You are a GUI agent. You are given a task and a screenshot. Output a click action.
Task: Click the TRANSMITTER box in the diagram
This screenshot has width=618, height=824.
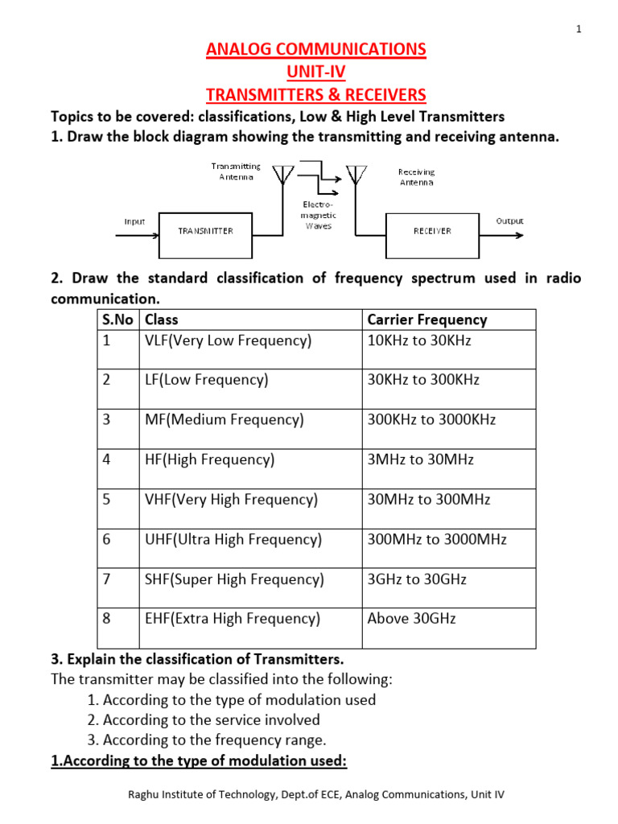click(205, 231)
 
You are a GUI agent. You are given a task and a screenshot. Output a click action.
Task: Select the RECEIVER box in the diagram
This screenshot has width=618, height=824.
click(432, 231)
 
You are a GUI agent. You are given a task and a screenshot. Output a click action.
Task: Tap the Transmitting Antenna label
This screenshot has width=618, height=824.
click(236, 171)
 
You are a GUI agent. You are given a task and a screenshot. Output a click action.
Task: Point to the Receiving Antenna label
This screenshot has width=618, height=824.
click(416, 177)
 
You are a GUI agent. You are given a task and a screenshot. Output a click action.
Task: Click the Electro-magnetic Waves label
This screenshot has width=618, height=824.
click(318, 216)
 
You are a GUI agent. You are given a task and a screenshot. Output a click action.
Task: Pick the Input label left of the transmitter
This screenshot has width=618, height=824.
click(134, 220)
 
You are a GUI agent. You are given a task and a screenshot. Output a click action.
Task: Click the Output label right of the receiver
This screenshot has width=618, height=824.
click(509, 220)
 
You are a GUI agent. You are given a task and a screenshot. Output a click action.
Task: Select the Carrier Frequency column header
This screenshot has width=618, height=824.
click(427, 319)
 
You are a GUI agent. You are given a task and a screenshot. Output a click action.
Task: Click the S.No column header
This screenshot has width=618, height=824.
click(117, 319)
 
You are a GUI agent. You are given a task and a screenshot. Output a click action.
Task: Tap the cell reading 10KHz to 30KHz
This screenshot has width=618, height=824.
click(419, 340)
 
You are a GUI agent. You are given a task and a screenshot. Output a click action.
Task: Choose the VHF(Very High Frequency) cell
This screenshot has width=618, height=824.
click(231, 500)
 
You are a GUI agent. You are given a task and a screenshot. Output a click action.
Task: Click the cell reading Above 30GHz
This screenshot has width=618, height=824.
click(411, 619)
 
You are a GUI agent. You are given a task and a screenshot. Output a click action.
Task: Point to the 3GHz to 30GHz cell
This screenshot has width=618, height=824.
click(417, 579)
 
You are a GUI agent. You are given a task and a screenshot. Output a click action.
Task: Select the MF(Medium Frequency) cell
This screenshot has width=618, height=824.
click(225, 420)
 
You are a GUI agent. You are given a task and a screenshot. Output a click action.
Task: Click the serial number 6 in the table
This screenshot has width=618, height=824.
click(106, 540)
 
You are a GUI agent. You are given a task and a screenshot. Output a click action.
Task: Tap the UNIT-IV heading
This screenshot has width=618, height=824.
click(315, 72)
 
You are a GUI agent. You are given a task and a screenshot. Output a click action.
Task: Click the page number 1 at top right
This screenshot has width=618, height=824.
click(579, 30)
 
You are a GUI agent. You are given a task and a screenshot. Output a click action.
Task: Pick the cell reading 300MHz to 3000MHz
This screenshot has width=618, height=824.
click(437, 540)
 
